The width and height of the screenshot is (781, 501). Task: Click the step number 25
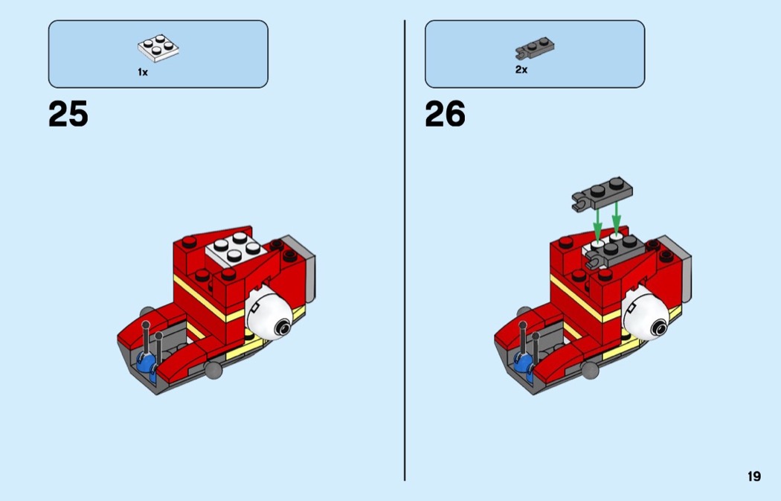68,114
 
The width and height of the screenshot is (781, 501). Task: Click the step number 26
445,114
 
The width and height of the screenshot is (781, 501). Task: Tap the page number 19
754,476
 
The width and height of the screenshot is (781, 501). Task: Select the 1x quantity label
143,72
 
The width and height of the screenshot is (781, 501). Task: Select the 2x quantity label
521,70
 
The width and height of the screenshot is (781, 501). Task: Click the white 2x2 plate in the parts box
158,48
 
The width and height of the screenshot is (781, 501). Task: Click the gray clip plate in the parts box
535,48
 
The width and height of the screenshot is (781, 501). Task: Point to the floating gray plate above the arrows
602,194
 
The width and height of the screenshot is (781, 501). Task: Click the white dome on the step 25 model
269,315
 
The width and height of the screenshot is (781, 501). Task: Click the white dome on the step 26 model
646,315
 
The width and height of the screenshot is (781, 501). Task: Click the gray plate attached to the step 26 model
613,251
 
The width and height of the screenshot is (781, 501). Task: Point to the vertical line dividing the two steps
405,250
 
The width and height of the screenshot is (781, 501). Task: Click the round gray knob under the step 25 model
213,370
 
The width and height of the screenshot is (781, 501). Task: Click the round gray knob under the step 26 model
590,370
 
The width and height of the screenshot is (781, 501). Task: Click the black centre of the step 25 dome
283,328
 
